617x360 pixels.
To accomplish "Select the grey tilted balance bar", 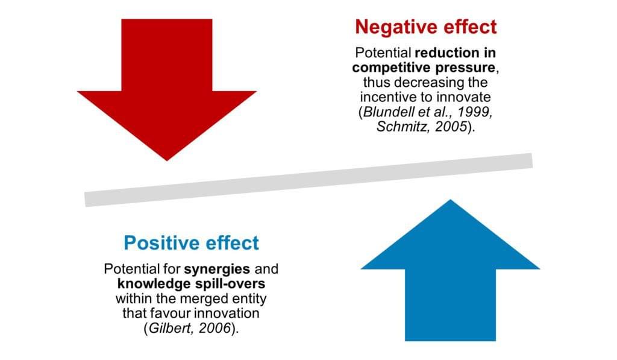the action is coord(308,180).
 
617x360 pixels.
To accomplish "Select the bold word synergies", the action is coord(217,269).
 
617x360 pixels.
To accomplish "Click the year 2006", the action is coord(215,329).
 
